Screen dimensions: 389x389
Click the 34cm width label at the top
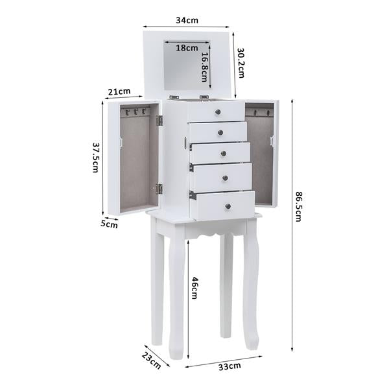(187, 20)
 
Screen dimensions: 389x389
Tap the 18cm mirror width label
(187, 47)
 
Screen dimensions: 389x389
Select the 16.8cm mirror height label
(204, 67)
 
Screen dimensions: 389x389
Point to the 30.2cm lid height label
(241, 62)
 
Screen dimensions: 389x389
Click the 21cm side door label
(119, 91)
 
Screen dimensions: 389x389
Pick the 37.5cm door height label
(95, 158)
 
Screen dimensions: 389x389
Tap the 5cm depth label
(109, 224)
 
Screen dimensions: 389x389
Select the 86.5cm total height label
(298, 206)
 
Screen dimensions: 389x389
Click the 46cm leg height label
(194, 288)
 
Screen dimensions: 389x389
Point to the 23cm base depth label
(151, 360)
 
